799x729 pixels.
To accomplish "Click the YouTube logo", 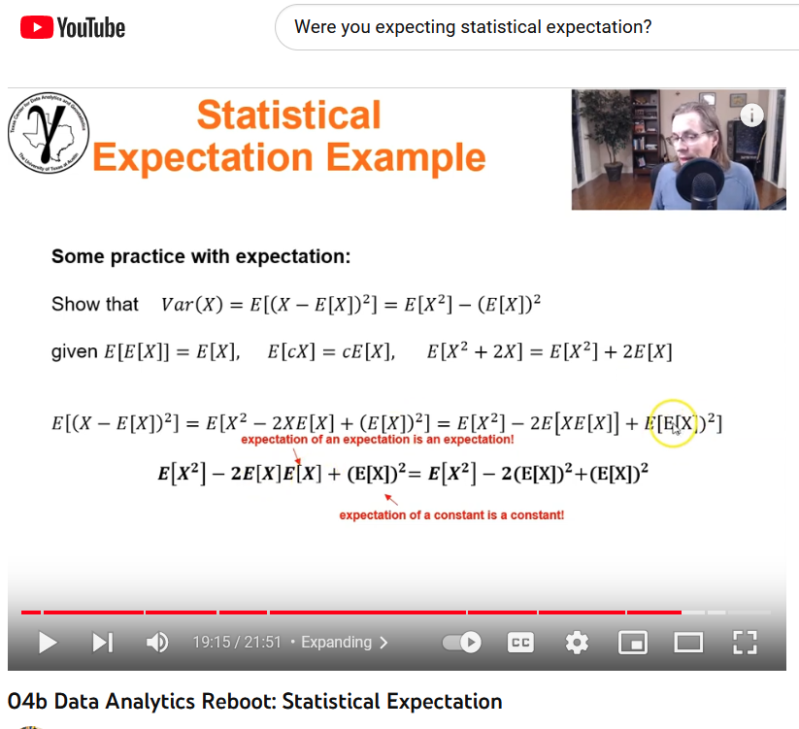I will (x=73, y=27).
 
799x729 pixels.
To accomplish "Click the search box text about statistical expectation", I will (x=473, y=27).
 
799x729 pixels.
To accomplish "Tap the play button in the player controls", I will (x=47, y=642).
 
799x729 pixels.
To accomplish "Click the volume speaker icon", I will (x=156, y=642).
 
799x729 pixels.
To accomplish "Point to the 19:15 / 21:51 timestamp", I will (x=236, y=643).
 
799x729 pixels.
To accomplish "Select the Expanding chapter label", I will (x=343, y=643).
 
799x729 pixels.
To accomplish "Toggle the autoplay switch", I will (x=461, y=643).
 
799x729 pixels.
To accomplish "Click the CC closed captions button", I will (x=521, y=643).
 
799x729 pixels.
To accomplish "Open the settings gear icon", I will (x=577, y=643).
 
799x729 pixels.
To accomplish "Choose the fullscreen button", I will (x=744, y=643).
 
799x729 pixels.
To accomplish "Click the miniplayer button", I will (x=633, y=643).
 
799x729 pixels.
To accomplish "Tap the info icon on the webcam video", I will (x=751, y=115).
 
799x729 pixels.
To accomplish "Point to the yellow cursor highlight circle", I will (x=672, y=423).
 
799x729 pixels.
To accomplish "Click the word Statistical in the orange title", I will (x=288, y=116).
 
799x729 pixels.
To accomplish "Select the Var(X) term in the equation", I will (x=192, y=305).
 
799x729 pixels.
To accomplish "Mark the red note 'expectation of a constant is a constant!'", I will (x=451, y=514).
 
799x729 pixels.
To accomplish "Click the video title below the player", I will (x=254, y=701).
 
